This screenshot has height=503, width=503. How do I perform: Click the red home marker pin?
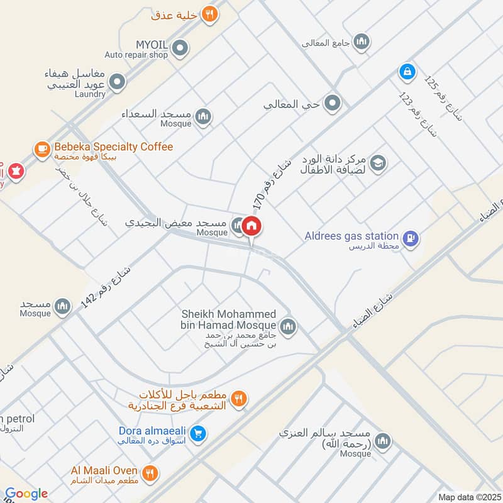(252, 226)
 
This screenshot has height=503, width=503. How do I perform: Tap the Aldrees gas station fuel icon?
(412, 238)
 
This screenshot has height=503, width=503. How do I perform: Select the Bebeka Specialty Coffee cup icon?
(42, 148)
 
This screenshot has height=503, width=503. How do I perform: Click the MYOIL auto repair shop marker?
(180, 47)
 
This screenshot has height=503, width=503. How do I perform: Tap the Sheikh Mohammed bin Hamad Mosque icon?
(288, 326)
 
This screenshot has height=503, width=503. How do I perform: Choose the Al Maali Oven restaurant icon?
(150, 473)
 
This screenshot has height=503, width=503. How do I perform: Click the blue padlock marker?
(407, 72)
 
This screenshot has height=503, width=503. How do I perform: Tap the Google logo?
(26, 494)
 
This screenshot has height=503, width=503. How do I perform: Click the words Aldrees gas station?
(351, 236)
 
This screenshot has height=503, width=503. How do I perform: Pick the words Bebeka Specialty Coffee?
(113, 147)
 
